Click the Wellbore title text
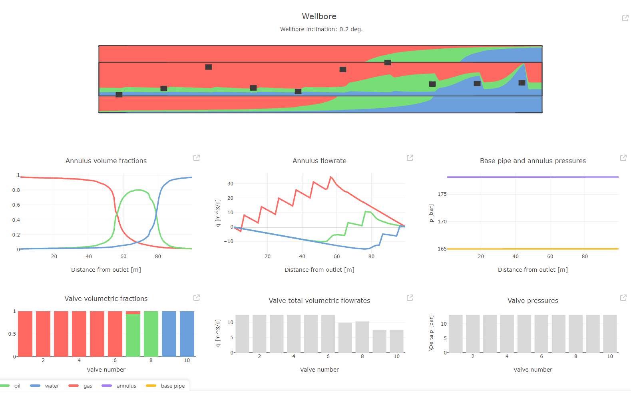coord(319,16)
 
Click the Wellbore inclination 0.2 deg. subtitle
coord(321,29)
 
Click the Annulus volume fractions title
coord(106,161)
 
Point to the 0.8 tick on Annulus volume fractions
coord(16,190)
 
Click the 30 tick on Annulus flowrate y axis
coord(230,184)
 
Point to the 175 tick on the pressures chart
coord(442,194)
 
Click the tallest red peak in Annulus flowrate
coord(330,177)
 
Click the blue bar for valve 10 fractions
coord(187,334)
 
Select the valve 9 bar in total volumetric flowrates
coord(380,341)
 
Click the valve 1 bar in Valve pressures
coord(456,334)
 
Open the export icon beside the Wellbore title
coord(625,18)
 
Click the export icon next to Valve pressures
coord(623,298)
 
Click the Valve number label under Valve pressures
coord(533,370)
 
